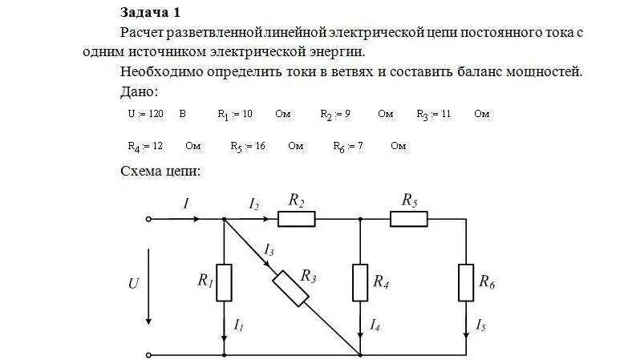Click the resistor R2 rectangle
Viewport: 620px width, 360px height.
click(x=297, y=218)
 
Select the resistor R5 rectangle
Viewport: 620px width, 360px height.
click(x=409, y=218)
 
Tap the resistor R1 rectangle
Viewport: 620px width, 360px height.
click(x=224, y=281)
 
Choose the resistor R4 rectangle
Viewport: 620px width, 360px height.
click(x=360, y=281)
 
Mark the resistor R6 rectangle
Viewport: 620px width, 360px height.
click(x=467, y=281)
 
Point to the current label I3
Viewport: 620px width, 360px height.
click(x=269, y=251)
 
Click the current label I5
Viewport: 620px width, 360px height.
click(x=480, y=326)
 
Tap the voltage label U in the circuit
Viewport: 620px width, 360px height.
click(x=133, y=283)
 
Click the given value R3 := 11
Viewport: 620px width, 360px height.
click(x=433, y=114)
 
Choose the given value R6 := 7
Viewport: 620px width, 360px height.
click(x=348, y=147)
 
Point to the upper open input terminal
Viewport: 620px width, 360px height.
click(x=148, y=218)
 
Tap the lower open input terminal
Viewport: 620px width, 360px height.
click(x=148, y=354)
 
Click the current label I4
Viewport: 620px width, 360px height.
click(x=375, y=326)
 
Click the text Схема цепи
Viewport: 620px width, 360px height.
click(x=160, y=172)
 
